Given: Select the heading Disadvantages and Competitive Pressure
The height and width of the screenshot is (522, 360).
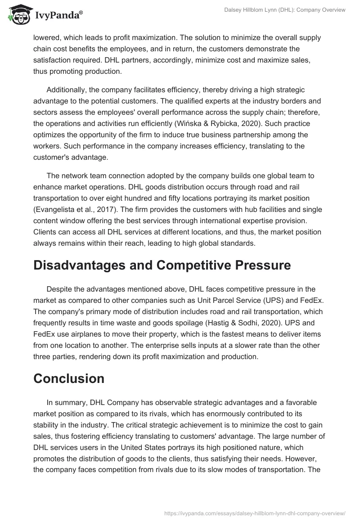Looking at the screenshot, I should pyautogui.click(x=162, y=265).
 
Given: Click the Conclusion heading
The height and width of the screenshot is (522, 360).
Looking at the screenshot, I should pyautogui.click(x=69, y=378).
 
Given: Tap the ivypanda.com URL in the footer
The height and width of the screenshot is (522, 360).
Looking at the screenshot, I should pyautogui.click(x=255, y=513).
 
